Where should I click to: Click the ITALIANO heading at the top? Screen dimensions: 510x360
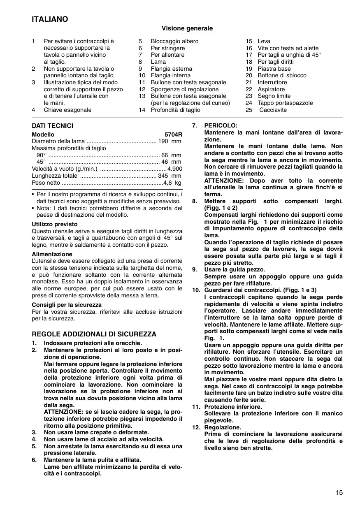click(x=50, y=19)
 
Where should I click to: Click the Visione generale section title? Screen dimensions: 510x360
click(x=187, y=28)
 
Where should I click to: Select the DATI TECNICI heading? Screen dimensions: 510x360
click(x=52, y=126)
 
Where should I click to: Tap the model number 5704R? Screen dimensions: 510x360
click(x=173, y=134)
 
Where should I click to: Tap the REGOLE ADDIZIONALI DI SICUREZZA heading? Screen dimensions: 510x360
click(x=94, y=334)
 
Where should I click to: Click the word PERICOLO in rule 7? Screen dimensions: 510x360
click(x=221, y=125)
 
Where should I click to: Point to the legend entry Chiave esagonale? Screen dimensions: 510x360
click(x=67, y=110)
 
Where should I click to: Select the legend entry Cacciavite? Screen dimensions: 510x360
click(x=273, y=110)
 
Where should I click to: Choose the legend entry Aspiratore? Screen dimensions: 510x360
click(x=271, y=89)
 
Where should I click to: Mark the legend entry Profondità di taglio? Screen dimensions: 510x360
click(x=176, y=110)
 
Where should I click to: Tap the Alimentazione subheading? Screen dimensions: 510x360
click(x=52, y=254)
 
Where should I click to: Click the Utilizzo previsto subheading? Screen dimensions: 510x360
click(x=55, y=224)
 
